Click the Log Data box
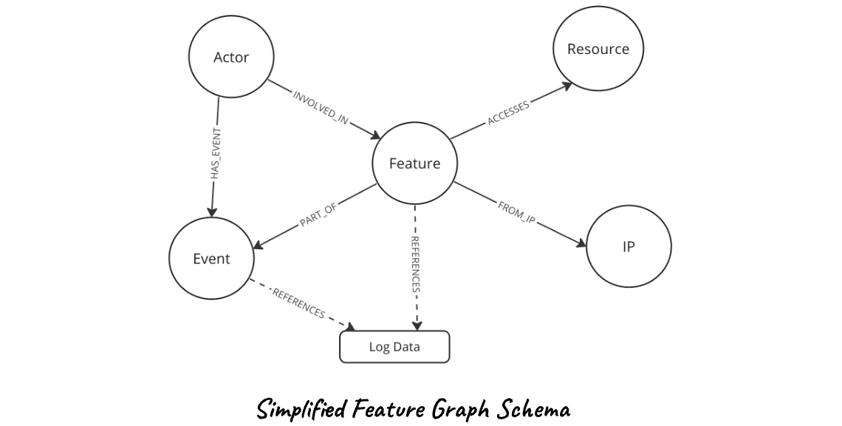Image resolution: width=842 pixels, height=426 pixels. [394, 347]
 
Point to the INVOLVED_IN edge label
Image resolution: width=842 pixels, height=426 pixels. [321, 107]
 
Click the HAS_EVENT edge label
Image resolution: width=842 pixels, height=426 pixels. [216, 154]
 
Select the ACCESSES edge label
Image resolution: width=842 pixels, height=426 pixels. [508, 112]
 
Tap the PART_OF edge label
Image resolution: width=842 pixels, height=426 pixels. [318, 214]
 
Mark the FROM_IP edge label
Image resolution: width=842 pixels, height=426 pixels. [516, 212]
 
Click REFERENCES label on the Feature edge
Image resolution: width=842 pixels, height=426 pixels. [415, 264]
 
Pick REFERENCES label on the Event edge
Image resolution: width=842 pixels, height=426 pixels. [298, 303]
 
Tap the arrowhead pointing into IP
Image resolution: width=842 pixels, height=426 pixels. [581, 243]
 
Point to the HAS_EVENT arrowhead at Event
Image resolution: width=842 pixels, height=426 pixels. [211, 212]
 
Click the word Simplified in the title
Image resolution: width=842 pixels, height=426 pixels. [302, 410]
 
